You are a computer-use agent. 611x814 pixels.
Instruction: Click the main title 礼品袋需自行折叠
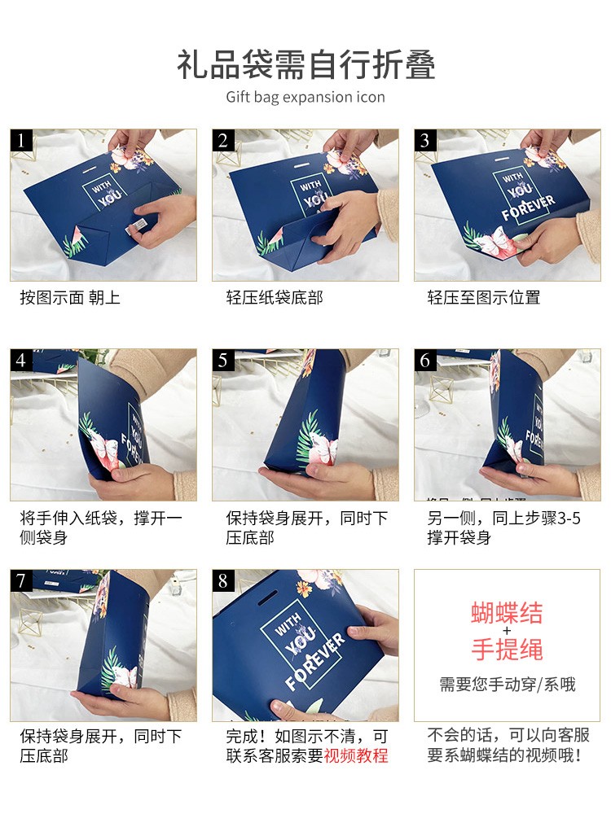point(305,65)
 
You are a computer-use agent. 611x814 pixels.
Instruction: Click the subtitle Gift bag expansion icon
point(305,97)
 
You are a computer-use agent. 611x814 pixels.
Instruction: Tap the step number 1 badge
point(21,140)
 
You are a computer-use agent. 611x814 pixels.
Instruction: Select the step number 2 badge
point(223,140)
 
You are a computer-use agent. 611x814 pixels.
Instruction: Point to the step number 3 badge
point(425,140)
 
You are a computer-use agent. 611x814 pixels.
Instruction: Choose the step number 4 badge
point(21,360)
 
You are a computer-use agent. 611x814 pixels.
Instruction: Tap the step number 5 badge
point(223,360)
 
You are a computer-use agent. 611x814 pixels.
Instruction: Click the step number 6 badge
point(425,360)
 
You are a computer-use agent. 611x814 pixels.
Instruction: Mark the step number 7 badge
point(21,580)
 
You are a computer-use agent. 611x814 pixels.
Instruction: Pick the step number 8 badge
point(223,580)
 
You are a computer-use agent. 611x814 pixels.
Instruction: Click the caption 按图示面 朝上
point(70,297)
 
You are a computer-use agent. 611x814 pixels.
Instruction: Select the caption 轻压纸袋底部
point(275,297)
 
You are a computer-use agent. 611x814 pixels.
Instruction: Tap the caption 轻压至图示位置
point(484,297)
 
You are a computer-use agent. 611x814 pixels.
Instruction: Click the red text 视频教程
point(356,755)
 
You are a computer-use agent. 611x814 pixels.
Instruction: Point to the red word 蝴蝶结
point(507,613)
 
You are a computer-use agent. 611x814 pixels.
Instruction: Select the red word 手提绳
point(507,650)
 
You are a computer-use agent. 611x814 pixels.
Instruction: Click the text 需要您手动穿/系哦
point(508,685)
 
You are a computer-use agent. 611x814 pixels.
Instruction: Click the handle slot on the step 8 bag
point(267,597)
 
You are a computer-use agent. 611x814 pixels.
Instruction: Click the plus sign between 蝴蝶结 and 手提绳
point(507,632)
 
